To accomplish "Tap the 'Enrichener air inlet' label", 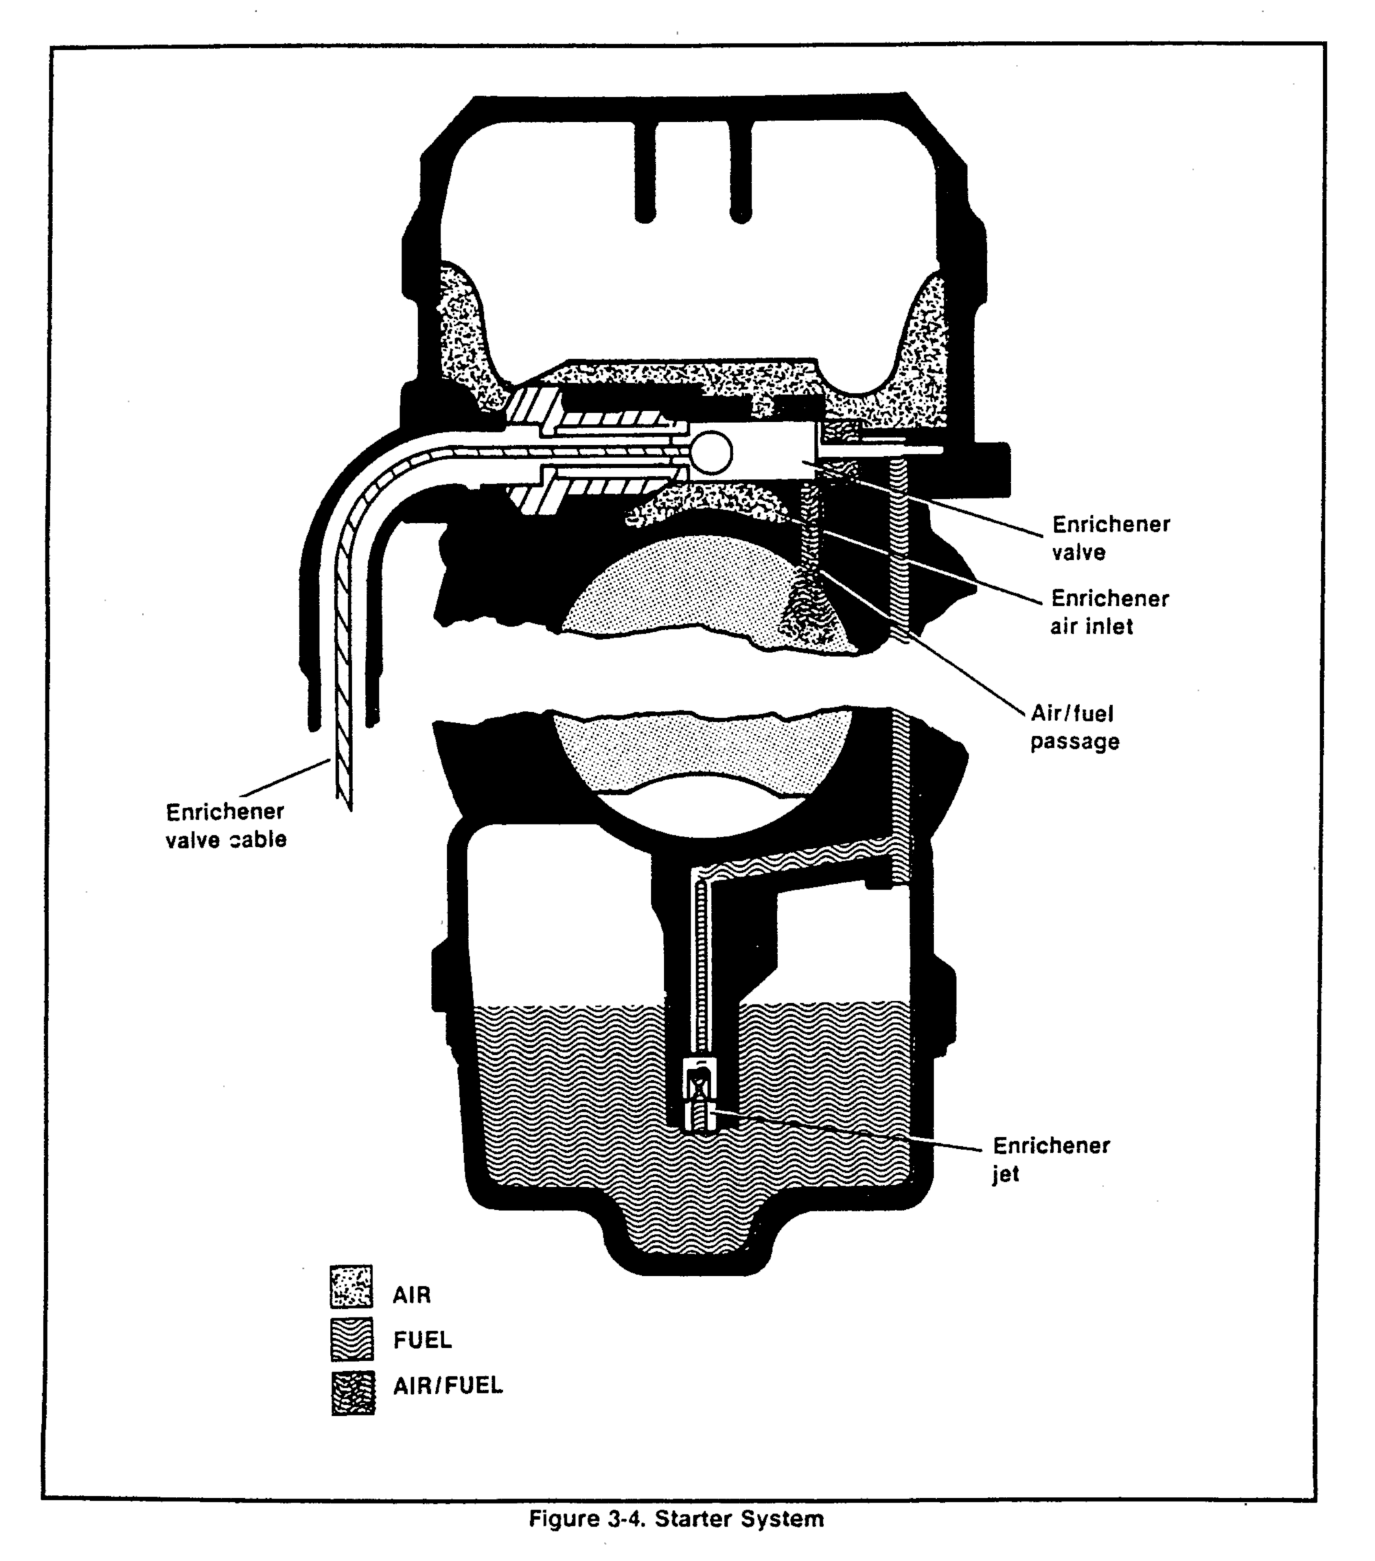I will coord(1109,612).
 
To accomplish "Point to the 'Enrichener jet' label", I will coord(1050,1159).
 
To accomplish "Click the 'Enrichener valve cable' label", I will coord(225,825).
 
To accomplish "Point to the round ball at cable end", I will coord(710,452).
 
